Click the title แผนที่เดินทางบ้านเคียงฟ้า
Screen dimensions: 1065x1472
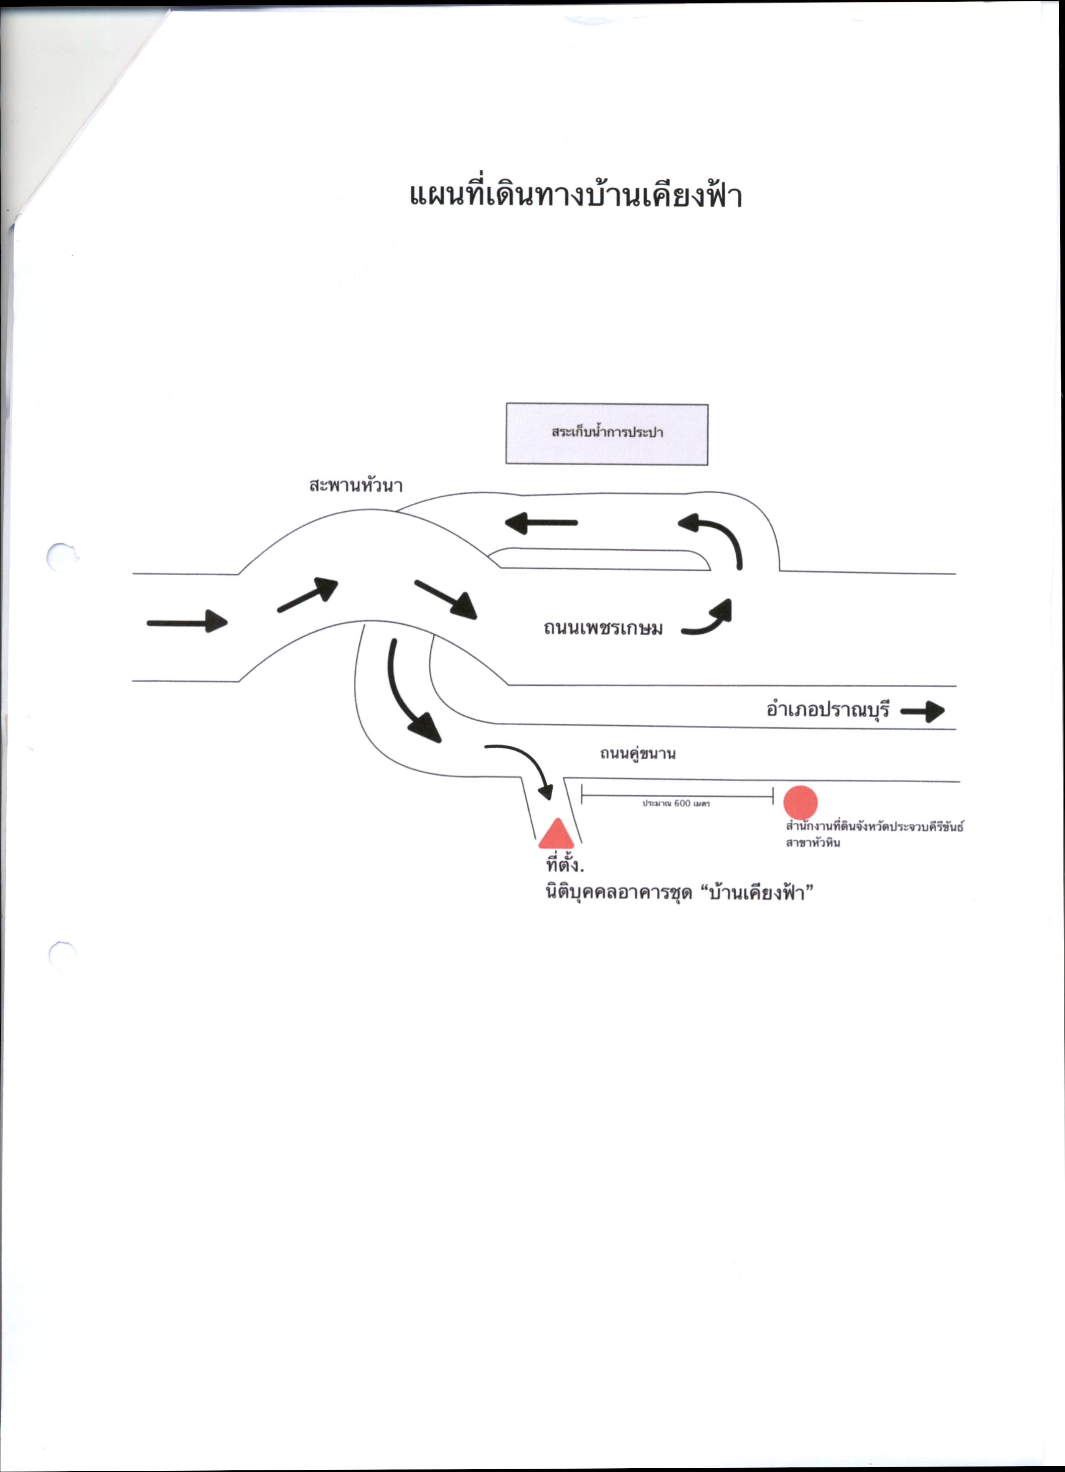click(x=575, y=195)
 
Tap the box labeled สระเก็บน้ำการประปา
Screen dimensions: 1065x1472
click(x=606, y=434)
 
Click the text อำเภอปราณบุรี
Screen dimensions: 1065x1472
click(x=828, y=710)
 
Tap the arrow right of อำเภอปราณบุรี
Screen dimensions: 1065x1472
click(x=922, y=712)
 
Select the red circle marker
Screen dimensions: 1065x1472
click(x=801, y=802)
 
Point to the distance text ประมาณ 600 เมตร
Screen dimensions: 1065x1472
click(x=676, y=804)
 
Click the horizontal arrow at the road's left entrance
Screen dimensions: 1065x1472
click(x=188, y=622)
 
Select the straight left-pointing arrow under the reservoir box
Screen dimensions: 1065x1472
click(x=541, y=523)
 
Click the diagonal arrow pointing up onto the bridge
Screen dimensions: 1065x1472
click(x=308, y=594)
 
